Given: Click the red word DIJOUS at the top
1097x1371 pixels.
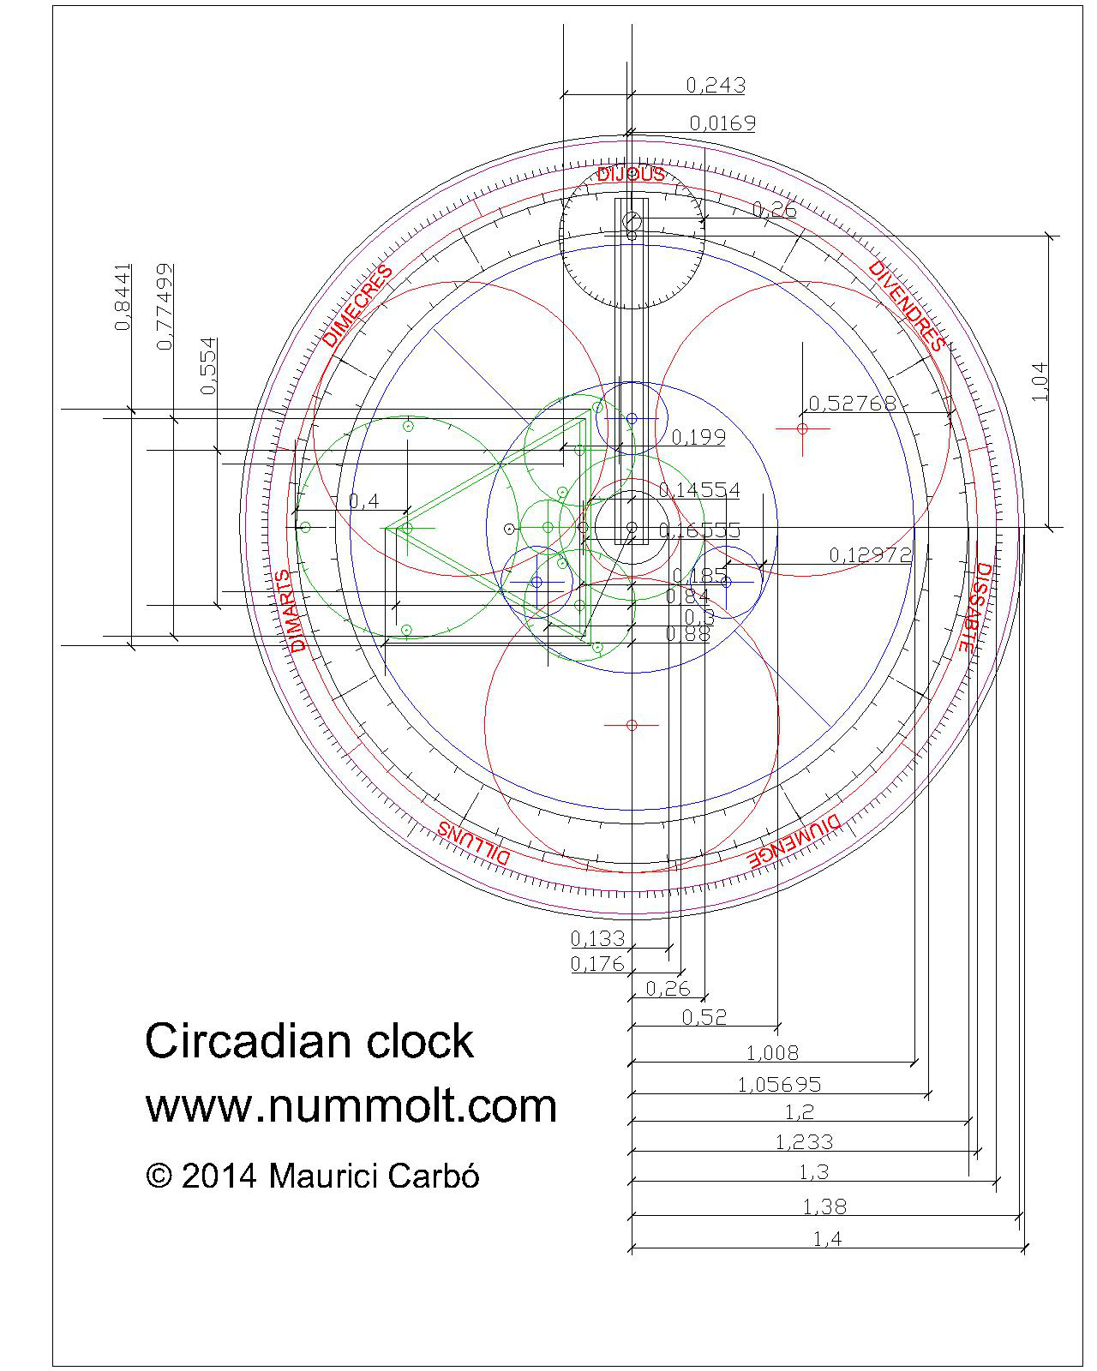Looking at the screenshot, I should point(631,175).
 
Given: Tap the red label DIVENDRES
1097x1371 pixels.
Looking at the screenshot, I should point(906,307).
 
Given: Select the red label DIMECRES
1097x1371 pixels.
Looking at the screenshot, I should point(358,306).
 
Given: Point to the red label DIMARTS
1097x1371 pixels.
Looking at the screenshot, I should point(297,610).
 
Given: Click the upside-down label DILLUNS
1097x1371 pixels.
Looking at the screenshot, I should point(475,843).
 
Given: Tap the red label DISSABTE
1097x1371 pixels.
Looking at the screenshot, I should point(974,608).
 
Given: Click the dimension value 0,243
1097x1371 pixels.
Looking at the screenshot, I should point(716,85).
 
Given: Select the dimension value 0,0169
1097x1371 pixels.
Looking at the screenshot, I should point(722,123).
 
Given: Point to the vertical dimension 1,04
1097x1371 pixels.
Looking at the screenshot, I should point(1039,381).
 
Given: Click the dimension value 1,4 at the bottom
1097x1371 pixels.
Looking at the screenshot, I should point(827,1238).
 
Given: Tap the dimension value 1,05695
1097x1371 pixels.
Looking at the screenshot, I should point(779,1085).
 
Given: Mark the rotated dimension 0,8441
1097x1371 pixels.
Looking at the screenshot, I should point(123,296).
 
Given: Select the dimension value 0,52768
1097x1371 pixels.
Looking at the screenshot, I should point(852,403).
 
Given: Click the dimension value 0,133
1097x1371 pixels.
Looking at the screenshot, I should point(597,938).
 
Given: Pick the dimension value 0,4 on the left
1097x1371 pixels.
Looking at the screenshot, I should point(363,501).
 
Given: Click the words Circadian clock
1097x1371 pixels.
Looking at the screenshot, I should point(309,1041).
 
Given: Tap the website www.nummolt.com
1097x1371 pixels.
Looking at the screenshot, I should point(351,1105).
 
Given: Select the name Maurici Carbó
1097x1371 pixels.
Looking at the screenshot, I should point(374,1176).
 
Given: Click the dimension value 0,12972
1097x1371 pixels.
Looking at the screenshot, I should point(870,554).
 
